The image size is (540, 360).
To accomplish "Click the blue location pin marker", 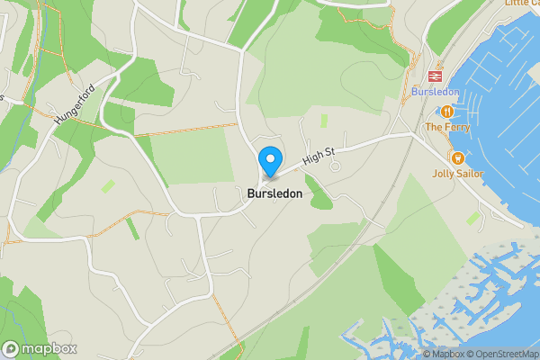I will click(269, 161).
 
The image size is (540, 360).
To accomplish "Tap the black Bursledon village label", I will click(274, 193).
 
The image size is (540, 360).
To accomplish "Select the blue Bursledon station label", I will click(436, 92).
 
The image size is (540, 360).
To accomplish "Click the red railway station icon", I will click(437, 76).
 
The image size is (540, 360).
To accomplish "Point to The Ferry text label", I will click(446, 127).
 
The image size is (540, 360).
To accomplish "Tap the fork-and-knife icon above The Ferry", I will click(446, 111).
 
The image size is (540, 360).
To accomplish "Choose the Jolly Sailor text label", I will click(458, 174).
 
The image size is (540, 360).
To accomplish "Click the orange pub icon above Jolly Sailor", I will click(457, 157).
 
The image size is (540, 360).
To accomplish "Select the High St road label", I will click(318, 157).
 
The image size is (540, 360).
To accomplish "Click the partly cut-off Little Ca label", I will click(521, 4).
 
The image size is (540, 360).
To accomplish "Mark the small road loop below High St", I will click(336, 166).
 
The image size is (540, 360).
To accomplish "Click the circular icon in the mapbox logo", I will click(11, 348).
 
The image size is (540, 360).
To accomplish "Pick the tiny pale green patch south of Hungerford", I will click(109, 185).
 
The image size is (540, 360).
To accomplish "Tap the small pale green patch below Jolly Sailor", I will click(473, 217).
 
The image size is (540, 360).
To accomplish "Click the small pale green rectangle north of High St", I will click(324, 120).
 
